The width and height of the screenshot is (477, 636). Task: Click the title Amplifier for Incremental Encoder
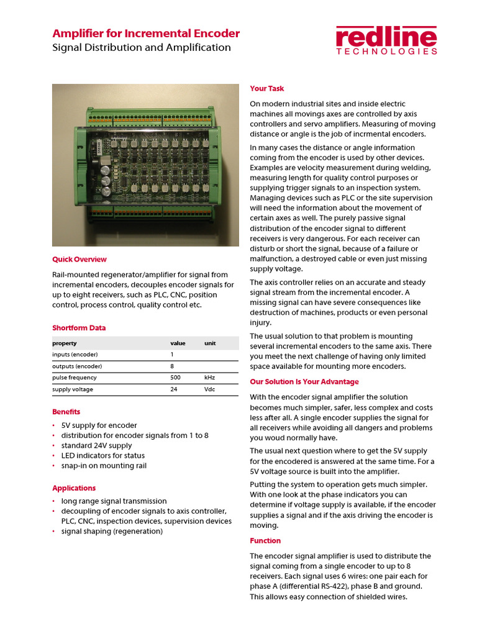pyautogui.click(x=146, y=34)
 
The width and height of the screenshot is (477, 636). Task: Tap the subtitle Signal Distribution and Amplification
pyautogui.click(x=142, y=48)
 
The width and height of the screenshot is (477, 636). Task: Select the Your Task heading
pyautogui.click(x=267, y=89)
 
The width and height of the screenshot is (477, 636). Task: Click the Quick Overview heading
pyautogui.click(x=79, y=260)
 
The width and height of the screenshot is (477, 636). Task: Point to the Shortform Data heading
pyautogui.click(x=79, y=328)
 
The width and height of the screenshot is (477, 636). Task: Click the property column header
pyautogui.click(x=65, y=343)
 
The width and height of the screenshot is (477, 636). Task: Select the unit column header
pyautogui.click(x=209, y=343)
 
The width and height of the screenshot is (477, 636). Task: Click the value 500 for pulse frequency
pyautogui.click(x=175, y=378)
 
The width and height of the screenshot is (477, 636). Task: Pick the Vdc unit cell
pyautogui.click(x=210, y=389)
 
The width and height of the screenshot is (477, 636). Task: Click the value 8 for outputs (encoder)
pyautogui.click(x=172, y=366)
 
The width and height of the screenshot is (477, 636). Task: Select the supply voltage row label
pyautogui.click(x=73, y=389)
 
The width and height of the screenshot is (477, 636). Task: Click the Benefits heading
pyautogui.click(x=66, y=412)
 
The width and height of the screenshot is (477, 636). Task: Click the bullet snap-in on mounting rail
pyautogui.click(x=104, y=466)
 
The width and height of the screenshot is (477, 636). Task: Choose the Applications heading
pyautogui.click(x=74, y=488)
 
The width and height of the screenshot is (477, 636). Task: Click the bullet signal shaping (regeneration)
pyautogui.click(x=112, y=532)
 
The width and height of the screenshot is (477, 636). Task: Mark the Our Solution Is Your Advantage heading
pyautogui.click(x=304, y=382)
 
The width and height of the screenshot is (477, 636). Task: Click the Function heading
pyautogui.click(x=265, y=541)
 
